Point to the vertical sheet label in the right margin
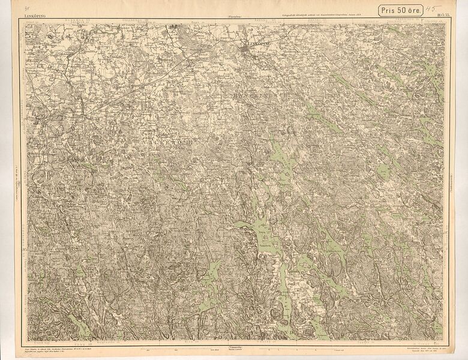coord(450,180)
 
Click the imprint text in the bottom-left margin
coord(54,348)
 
